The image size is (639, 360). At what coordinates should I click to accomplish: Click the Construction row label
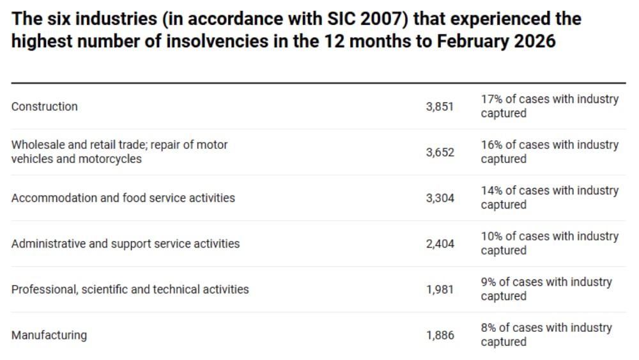pyautogui.click(x=45, y=107)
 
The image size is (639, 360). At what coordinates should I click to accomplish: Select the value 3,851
pyautogui.click(x=440, y=107)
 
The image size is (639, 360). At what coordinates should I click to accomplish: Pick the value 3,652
pyautogui.click(x=440, y=152)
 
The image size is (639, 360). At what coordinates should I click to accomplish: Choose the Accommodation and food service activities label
pyautogui.click(x=123, y=198)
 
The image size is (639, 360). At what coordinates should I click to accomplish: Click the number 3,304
pyautogui.click(x=440, y=198)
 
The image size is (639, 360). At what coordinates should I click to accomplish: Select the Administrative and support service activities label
pyautogui.click(x=125, y=244)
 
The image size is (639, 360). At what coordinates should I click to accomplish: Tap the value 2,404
pyautogui.click(x=440, y=244)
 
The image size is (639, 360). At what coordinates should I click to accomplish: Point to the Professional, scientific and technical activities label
pyautogui.click(x=130, y=290)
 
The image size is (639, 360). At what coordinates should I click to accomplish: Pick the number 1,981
pyautogui.click(x=440, y=290)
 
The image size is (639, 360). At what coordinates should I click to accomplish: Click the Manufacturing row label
pyautogui.click(x=49, y=335)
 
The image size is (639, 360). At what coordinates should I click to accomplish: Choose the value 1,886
pyautogui.click(x=440, y=335)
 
